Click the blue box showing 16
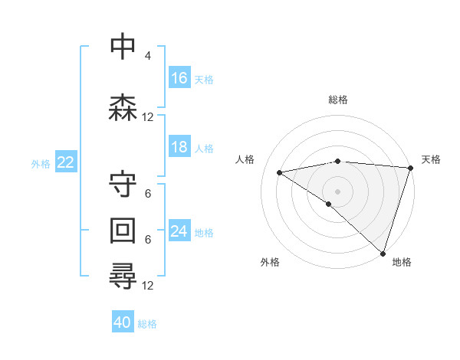[179, 78]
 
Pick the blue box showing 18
[179, 147]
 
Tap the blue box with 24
[179, 231]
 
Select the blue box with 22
[66, 162]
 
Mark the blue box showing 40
[123, 322]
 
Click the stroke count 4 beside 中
[147, 56]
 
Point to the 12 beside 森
[148, 117]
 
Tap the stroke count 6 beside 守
[147, 194]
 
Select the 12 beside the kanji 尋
[148, 286]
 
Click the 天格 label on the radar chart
[431, 159]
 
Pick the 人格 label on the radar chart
[245, 159]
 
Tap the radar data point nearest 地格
[383, 254]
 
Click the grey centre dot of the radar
[337, 190]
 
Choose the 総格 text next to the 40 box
[147, 324]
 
